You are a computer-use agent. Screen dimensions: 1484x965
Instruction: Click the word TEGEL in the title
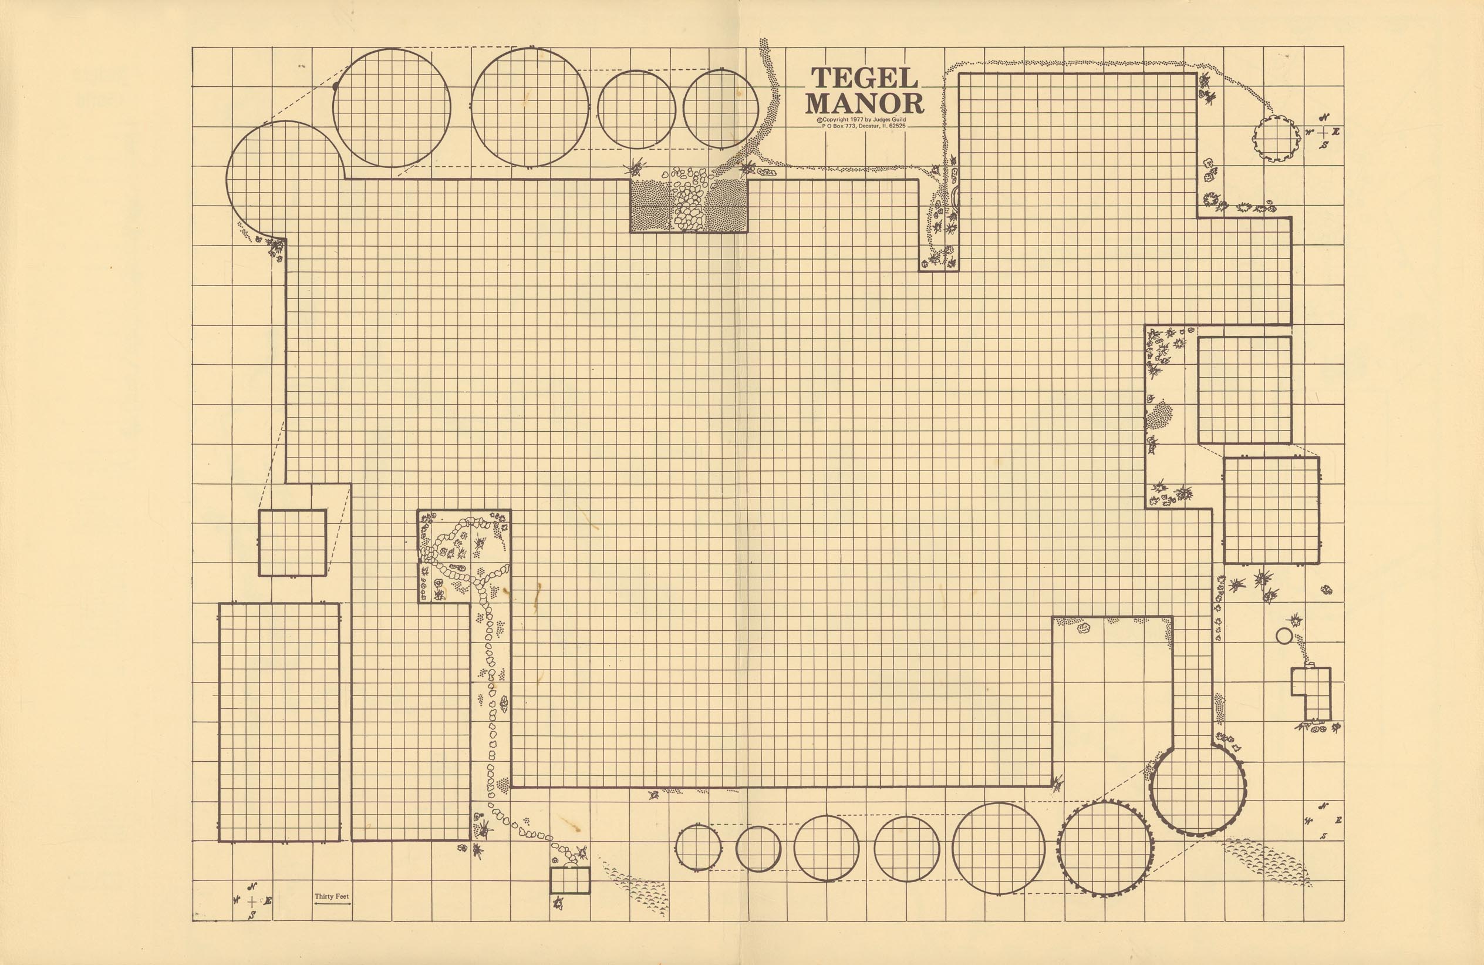pos(864,78)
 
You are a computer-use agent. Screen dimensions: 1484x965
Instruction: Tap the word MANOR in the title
pos(864,103)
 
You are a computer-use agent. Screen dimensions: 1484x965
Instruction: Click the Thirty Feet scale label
pos(332,896)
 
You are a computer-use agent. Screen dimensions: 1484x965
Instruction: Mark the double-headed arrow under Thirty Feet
pos(332,903)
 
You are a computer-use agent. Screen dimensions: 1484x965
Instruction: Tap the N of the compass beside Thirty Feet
pos(252,887)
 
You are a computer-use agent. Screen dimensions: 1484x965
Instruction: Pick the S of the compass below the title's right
pos(1324,144)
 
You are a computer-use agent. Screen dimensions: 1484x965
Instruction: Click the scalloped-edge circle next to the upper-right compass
pos(1277,138)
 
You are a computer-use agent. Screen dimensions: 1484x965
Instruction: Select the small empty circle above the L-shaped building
pos(1284,636)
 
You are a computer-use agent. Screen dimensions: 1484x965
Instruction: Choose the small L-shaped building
pos(1311,694)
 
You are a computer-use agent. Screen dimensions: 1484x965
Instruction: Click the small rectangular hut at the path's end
pos(570,880)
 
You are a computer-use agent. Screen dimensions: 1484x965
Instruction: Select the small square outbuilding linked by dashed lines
pos(292,543)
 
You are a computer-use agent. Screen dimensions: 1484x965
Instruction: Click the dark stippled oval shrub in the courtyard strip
pos(1159,415)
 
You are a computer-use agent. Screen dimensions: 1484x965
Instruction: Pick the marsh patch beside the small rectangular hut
pos(636,886)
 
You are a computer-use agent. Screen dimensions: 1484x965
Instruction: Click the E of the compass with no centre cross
pos(1339,821)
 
